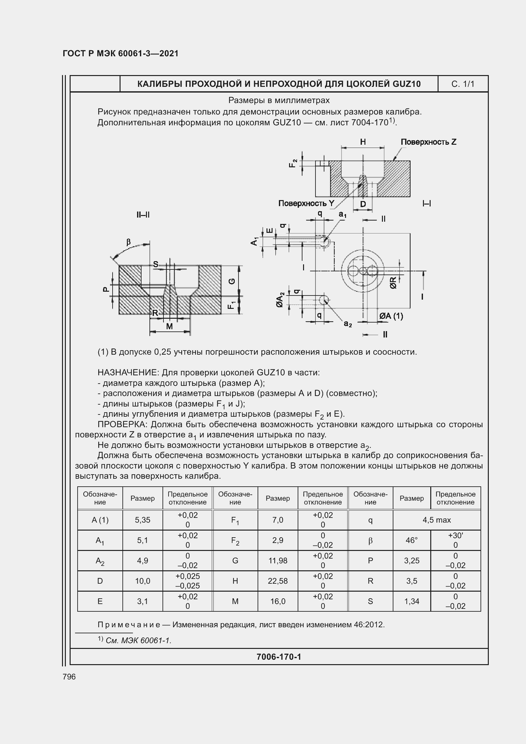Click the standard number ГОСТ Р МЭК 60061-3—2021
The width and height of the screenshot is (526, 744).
(x=121, y=53)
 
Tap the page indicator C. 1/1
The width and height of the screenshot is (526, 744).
(x=462, y=84)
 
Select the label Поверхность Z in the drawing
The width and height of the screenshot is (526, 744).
(x=428, y=142)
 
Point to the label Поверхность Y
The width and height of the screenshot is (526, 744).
(x=306, y=203)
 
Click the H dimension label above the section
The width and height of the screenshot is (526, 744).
(x=363, y=142)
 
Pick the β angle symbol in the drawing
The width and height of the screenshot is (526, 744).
(x=128, y=242)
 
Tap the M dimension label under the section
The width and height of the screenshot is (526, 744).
(x=170, y=326)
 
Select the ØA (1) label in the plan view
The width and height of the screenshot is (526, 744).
(x=391, y=316)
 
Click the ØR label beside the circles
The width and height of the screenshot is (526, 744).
(x=393, y=282)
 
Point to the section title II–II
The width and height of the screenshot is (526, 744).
(x=143, y=215)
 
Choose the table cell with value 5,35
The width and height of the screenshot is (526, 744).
(x=142, y=520)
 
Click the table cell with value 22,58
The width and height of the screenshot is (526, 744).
(x=278, y=581)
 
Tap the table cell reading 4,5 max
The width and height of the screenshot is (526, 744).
(x=436, y=520)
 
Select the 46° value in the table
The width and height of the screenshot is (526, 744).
(x=411, y=540)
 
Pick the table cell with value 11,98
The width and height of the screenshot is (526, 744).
(x=278, y=560)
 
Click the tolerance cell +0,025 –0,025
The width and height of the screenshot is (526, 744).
(x=188, y=581)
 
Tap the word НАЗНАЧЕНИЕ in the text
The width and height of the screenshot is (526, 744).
(x=128, y=373)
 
